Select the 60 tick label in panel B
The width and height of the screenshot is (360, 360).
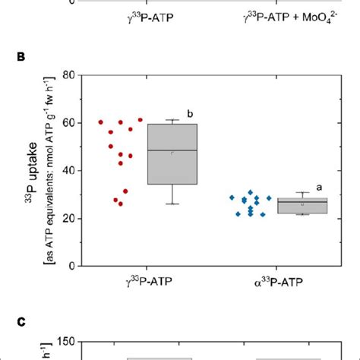point(67,123)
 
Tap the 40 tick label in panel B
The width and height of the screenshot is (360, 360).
point(67,171)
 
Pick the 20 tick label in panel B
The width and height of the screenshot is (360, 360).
point(67,219)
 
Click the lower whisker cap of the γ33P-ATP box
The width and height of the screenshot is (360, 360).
point(172,204)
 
